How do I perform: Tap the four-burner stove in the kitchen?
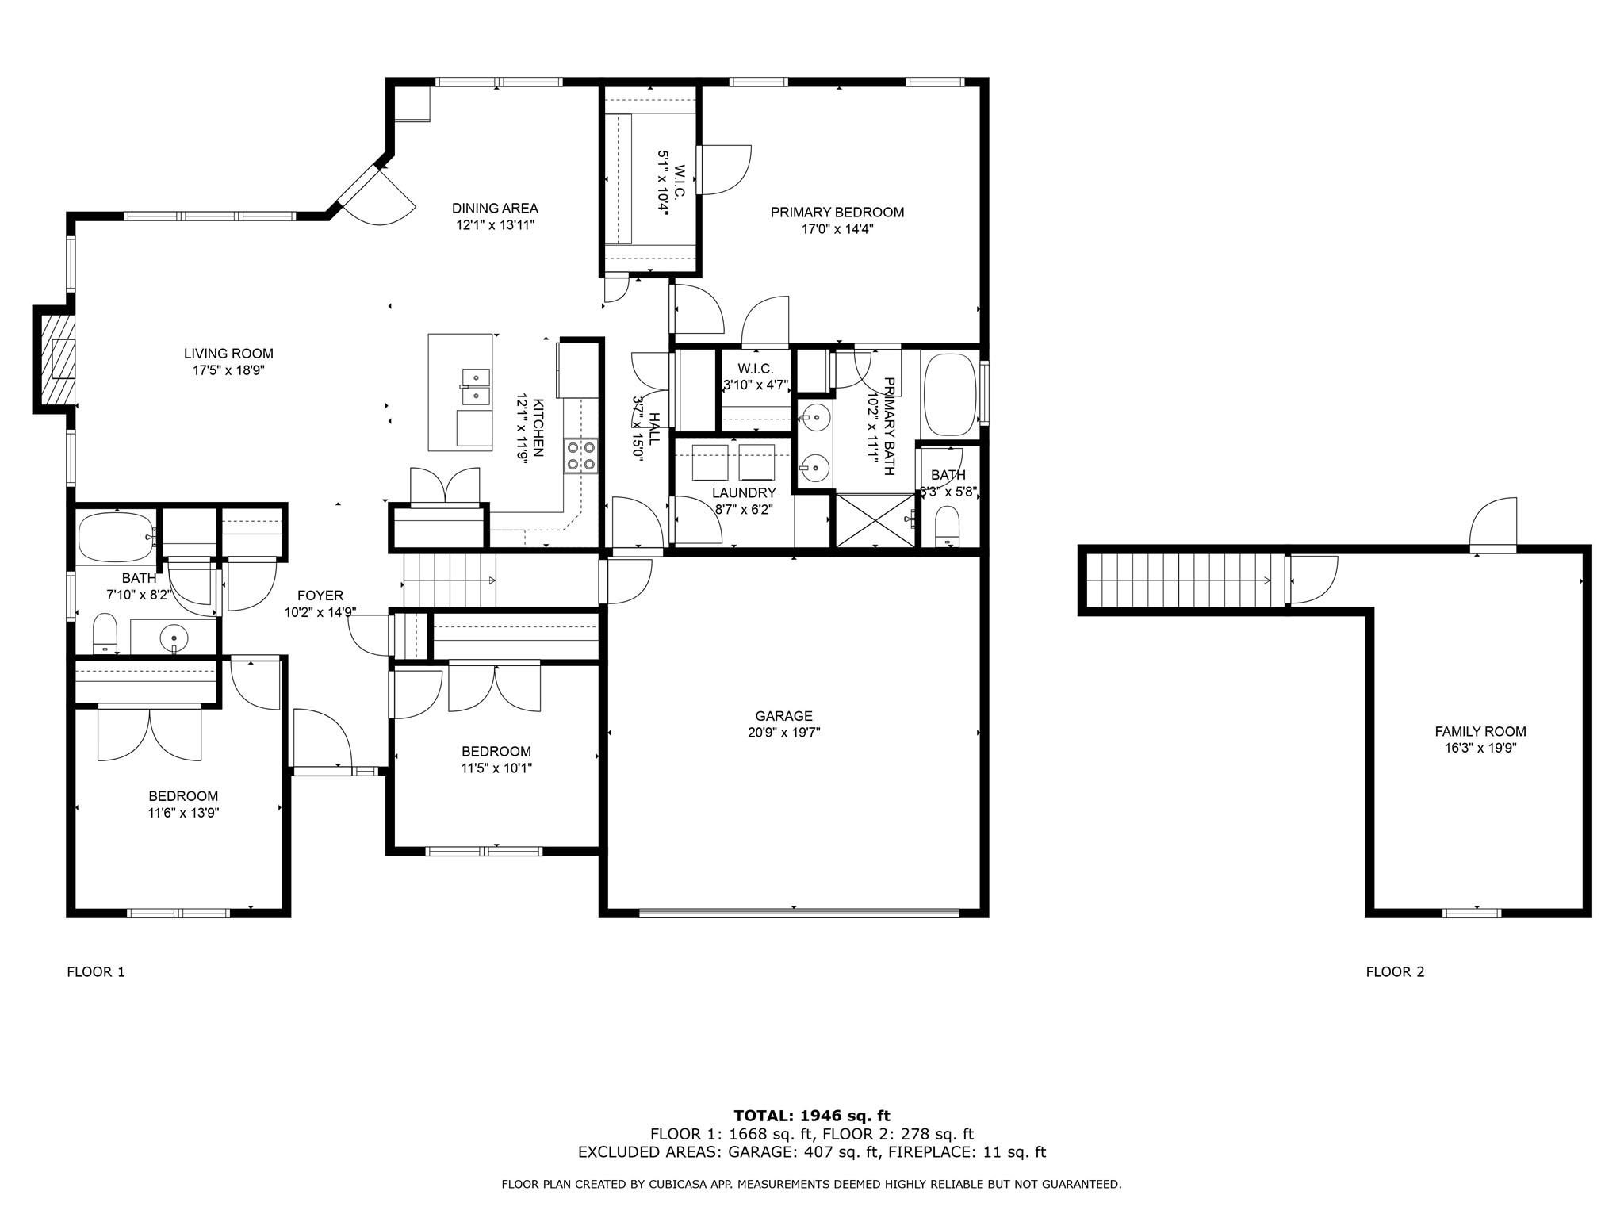(580, 456)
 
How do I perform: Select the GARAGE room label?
(783, 716)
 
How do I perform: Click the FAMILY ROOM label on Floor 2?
(1480, 731)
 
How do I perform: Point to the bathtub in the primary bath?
(949, 394)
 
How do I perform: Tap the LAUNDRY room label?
(743, 493)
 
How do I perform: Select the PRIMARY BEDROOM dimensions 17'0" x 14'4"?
(837, 229)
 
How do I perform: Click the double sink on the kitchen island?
(476, 386)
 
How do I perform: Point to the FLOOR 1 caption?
(96, 971)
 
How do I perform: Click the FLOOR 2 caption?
(1395, 971)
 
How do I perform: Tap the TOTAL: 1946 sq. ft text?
(812, 1116)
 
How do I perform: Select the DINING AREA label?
(495, 209)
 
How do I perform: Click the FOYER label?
(320, 596)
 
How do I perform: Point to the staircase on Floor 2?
(1182, 580)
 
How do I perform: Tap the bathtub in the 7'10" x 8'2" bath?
(117, 537)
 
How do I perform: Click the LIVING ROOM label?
(228, 354)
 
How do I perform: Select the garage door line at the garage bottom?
(799, 913)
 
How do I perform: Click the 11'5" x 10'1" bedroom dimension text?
(496, 768)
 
